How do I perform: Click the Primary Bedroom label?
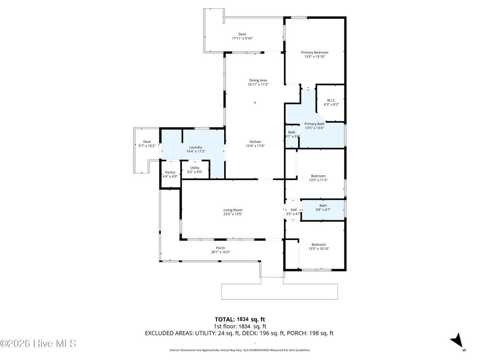(314, 52)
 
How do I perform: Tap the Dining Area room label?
(258, 80)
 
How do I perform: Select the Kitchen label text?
(255, 142)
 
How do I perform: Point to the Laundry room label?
(195, 147)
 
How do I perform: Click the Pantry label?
(170, 172)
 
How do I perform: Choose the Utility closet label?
(195, 167)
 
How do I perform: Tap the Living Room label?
(232, 210)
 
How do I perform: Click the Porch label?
(220, 248)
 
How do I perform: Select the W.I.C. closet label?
(330, 100)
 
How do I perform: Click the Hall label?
(293, 210)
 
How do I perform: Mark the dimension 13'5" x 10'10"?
(319, 249)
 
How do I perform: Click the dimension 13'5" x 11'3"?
(318, 180)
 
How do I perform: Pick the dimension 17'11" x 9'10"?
(242, 38)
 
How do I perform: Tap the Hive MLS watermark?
(38, 344)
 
